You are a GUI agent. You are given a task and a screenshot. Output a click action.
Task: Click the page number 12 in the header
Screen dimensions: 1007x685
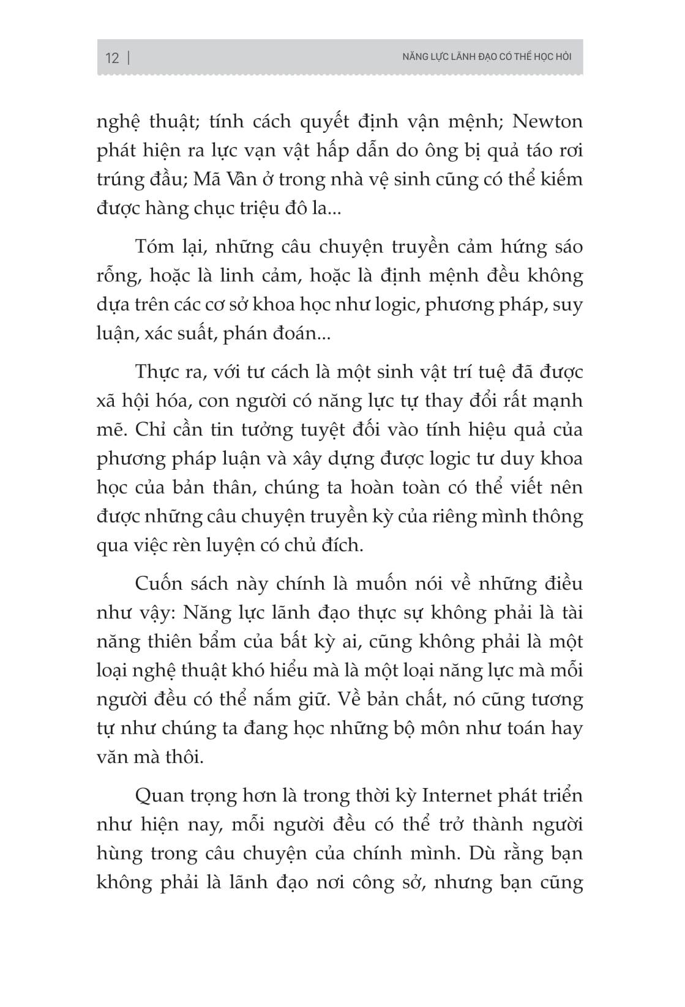click(x=112, y=58)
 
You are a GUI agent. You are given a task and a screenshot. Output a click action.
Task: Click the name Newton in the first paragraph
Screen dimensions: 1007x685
click(x=547, y=121)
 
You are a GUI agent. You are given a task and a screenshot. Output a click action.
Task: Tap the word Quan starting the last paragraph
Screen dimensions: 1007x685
click(x=158, y=796)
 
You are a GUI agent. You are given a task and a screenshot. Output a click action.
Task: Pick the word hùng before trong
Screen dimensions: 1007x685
click(x=119, y=853)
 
